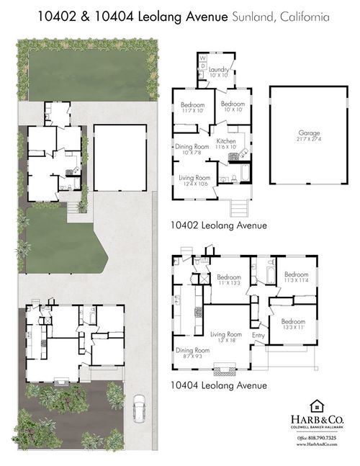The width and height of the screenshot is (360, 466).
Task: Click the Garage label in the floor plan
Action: click(x=308, y=135)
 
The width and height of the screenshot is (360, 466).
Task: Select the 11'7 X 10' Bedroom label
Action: click(x=193, y=110)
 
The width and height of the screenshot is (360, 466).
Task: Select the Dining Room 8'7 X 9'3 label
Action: click(x=189, y=352)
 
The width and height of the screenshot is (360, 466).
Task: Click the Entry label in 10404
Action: click(x=258, y=335)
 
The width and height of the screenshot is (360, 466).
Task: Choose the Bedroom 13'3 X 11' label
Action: click(x=294, y=324)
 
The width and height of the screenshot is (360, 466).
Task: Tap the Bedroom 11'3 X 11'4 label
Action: click(x=296, y=277)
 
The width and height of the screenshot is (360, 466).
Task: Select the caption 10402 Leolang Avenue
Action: click(x=219, y=225)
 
